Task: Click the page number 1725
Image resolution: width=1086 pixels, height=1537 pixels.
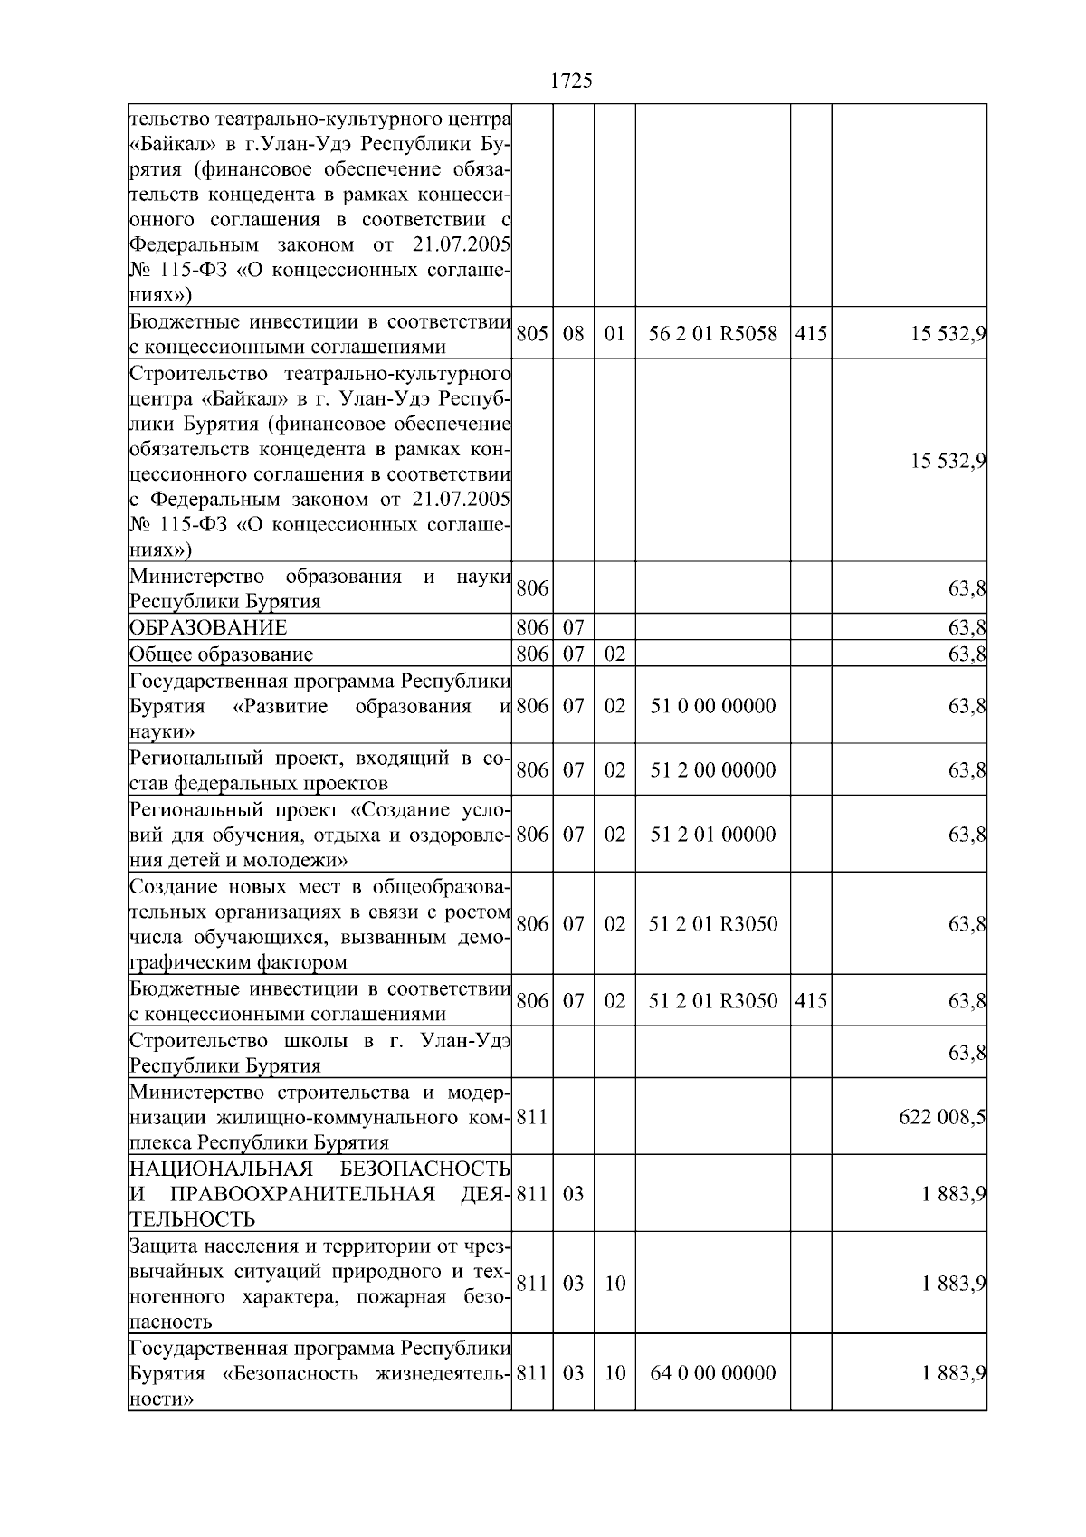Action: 571,81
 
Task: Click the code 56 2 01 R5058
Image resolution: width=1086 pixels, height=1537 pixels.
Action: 712,333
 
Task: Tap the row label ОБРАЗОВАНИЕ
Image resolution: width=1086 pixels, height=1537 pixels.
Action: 208,628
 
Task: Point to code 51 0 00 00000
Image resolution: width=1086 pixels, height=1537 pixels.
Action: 712,706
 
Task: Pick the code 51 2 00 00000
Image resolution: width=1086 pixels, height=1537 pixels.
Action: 712,770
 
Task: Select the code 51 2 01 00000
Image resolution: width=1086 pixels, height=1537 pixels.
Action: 712,835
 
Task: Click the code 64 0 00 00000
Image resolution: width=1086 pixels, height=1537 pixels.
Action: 712,1373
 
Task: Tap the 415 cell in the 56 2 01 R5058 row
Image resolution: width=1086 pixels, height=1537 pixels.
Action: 810,333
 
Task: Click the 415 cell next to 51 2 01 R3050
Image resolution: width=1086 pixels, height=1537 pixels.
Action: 810,1001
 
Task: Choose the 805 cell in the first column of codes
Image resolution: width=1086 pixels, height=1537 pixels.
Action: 531,333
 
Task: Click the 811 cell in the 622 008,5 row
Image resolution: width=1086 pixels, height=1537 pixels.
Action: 531,1117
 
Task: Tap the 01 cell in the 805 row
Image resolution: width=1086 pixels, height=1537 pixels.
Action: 614,333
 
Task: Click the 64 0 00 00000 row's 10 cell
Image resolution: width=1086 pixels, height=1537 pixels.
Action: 614,1373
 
